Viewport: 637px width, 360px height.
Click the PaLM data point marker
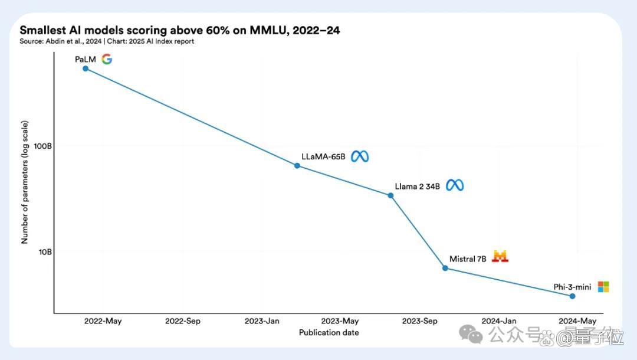pos(86,68)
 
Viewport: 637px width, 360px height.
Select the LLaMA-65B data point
pos(297,166)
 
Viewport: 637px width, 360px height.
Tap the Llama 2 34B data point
pos(391,195)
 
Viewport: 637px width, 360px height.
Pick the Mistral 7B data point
pos(445,268)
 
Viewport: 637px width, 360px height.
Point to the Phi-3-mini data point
pos(572,296)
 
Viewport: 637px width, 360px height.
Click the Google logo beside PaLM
pos(107,60)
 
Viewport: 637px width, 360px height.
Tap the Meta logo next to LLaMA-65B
pos(360,156)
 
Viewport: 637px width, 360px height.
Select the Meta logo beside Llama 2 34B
pos(455,186)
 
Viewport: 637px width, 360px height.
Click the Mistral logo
pos(500,256)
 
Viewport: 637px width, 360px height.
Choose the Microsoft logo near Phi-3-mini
pos(603,287)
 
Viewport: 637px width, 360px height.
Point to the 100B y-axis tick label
pos(42,146)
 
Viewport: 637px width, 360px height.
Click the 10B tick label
pos(45,253)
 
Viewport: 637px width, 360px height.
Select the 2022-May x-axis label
pos(103,321)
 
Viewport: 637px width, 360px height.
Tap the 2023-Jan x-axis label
pos(262,321)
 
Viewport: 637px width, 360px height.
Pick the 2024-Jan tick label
pos(499,321)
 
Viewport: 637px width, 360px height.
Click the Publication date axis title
pos(329,333)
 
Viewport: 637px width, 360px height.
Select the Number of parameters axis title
pos(25,182)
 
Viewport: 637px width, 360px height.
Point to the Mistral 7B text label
pos(468,259)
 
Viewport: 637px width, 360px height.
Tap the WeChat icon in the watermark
pos(471,334)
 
